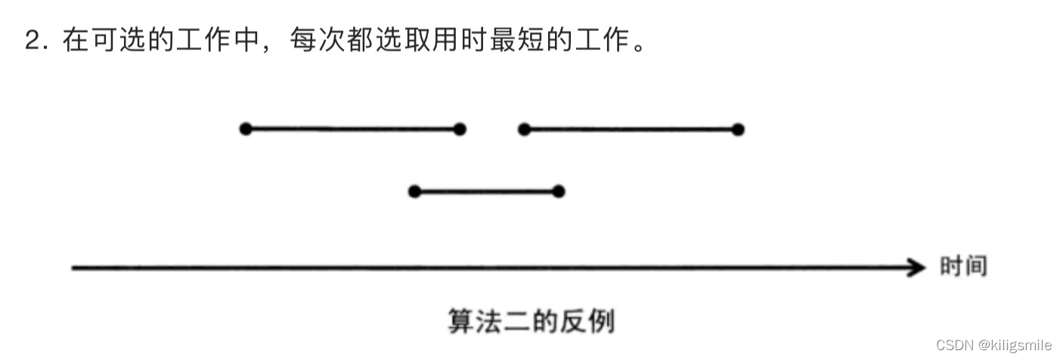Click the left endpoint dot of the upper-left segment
point(245,129)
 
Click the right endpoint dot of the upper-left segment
point(460,129)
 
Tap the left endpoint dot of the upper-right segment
point(524,129)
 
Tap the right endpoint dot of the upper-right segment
point(738,129)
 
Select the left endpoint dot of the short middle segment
point(414,191)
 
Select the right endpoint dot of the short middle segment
point(558,191)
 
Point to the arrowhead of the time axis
point(918,267)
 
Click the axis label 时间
point(963,266)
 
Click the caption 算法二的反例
point(531,321)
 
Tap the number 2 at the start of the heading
point(31,41)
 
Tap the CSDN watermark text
point(953,346)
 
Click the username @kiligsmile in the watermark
point(1015,346)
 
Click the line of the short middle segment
point(486,191)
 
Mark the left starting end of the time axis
point(73,267)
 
